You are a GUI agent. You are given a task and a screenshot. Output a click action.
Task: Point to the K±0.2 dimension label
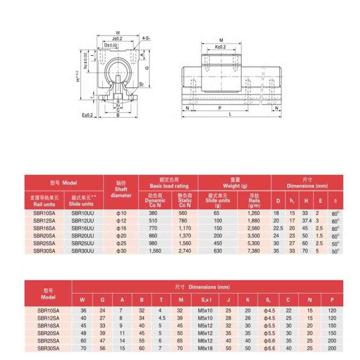point(220,47)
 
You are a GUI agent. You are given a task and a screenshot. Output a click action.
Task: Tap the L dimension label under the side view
point(230,114)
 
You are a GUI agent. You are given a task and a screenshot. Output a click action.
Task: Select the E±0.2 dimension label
point(87,115)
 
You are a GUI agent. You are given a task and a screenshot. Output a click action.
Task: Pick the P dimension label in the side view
point(219,108)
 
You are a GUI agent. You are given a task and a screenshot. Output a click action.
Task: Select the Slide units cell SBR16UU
point(83,228)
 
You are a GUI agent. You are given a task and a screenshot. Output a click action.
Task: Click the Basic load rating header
point(169,183)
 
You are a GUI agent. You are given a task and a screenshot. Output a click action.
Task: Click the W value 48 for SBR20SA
point(83,333)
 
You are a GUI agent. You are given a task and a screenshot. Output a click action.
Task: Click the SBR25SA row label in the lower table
point(48,341)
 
